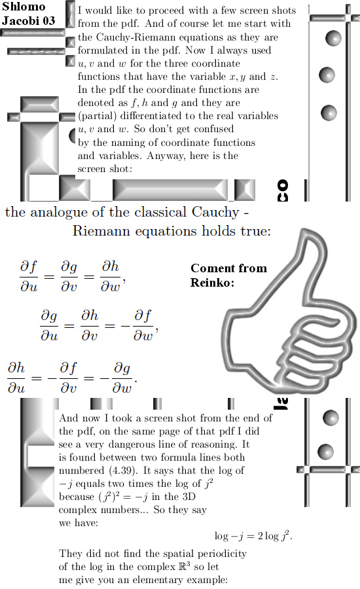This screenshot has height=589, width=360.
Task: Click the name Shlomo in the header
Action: [24, 7]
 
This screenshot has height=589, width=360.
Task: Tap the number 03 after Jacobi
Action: [49, 20]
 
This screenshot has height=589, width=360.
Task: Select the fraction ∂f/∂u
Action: [29, 276]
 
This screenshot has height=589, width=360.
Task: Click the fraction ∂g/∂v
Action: [69, 276]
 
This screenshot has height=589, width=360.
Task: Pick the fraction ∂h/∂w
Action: [110, 276]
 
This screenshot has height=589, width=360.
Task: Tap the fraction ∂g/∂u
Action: [49, 325]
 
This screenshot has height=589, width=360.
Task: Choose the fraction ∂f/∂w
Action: [143, 325]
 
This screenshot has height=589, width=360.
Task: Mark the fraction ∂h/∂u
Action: [16, 377]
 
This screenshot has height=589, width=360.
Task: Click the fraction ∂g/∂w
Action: [122, 377]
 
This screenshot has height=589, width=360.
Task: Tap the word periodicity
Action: [222, 554]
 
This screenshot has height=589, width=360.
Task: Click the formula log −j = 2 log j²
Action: [253, 535]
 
